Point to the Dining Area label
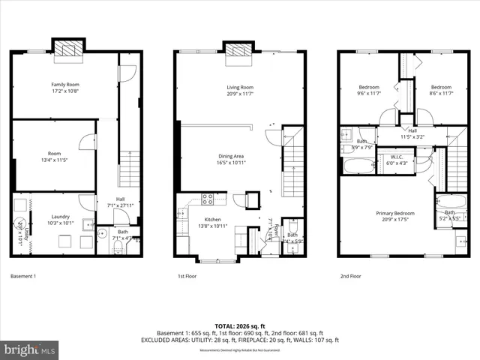(231, 159)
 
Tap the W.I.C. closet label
(397, 160)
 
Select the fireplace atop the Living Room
(238, 49)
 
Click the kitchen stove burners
(208, 199)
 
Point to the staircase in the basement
(130, 169)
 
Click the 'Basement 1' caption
(23, 276)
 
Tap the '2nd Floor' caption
(350, 276)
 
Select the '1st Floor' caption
(188, 276)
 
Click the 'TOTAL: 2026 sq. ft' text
(239, 326)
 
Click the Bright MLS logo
(30, 349)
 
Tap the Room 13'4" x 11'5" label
(53, 156)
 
